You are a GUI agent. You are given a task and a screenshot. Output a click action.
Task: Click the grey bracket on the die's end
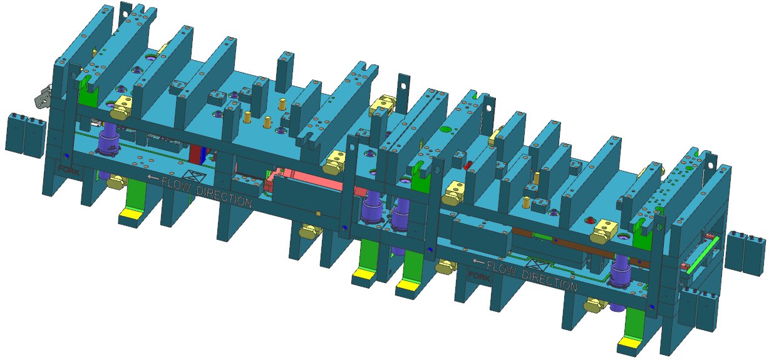(43, 97)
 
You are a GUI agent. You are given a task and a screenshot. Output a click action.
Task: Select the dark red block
(195, 156)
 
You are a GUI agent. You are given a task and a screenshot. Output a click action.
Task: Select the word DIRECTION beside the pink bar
(224, 197)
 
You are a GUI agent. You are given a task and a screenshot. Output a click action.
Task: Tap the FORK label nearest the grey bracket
(69, 170)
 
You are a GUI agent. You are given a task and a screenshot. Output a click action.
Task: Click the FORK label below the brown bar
(478, 275)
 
